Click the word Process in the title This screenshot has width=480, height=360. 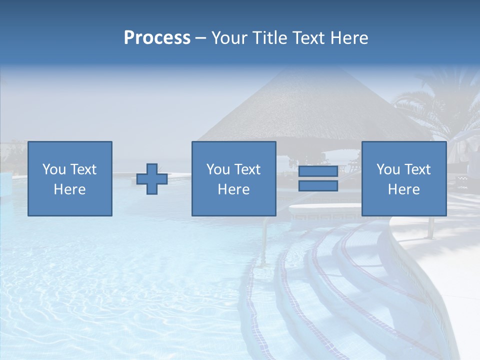[x=157, y=38]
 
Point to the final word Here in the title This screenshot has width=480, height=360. [x=349, y=38]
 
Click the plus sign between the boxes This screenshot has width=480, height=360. [x=152, y=178]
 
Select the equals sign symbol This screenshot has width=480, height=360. [x=318, y=178]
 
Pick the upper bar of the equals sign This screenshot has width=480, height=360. [x=318, y=171]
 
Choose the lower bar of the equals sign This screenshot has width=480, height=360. [x=318, y=185]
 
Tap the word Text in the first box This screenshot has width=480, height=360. [x=83, y=169]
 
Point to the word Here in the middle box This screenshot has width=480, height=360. [x=233, y=189]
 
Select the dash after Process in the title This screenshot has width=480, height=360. [x=200, y=38]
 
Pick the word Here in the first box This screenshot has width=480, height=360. [x=69, y=189]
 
